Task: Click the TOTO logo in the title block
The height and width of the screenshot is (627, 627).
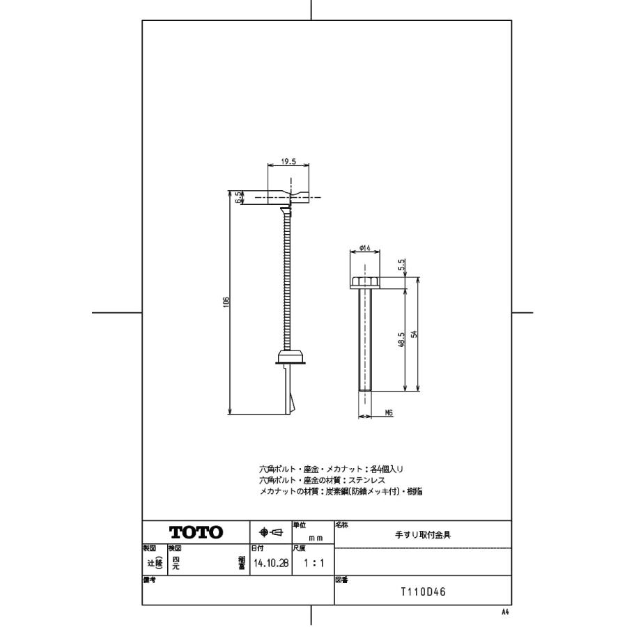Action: click(196, 533)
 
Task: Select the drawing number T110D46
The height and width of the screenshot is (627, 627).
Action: click(423, 592)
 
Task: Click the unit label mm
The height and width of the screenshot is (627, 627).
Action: click(316, 538)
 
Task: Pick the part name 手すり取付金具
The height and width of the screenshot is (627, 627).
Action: click(423, 535)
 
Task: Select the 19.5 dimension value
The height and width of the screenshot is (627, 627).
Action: click(288, 162)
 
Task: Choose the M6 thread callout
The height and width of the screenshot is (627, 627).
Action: click(388, 412)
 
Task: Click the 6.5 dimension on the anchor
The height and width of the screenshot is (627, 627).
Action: click(238, 198)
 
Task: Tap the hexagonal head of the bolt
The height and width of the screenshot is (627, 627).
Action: click(364, 282)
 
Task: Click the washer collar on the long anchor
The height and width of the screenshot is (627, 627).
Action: click(291, 357)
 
